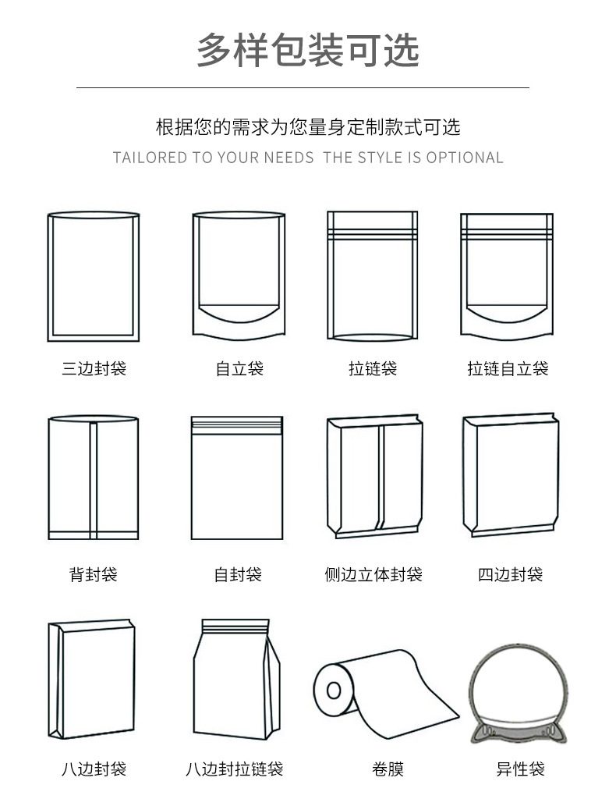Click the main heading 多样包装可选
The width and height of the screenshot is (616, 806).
[x=308, y=51]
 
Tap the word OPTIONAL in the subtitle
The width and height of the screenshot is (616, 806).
[x=464, y=158]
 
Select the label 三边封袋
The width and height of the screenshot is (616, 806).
[x=94, y=368]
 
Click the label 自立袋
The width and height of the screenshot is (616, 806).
[x=239, y=368]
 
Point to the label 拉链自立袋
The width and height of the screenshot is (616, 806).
[x=508, y=368]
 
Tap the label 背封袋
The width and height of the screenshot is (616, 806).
[x=94, y=575]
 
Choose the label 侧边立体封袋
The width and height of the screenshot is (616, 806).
[x=373, y=575]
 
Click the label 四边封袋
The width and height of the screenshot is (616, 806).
[x=510, y=575]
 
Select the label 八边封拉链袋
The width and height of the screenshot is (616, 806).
[x=234, y=769]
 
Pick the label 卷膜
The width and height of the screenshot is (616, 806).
[x=388, y=769]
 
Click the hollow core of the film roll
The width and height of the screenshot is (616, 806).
[x=334, y=690]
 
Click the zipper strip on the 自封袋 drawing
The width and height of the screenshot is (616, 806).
[x=237, y=424]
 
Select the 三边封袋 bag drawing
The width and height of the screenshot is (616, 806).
[x=94, y=277]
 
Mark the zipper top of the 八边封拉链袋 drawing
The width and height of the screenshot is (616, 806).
[x=236, y=627]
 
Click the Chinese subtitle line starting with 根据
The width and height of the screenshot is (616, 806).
[x=308, y=126]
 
